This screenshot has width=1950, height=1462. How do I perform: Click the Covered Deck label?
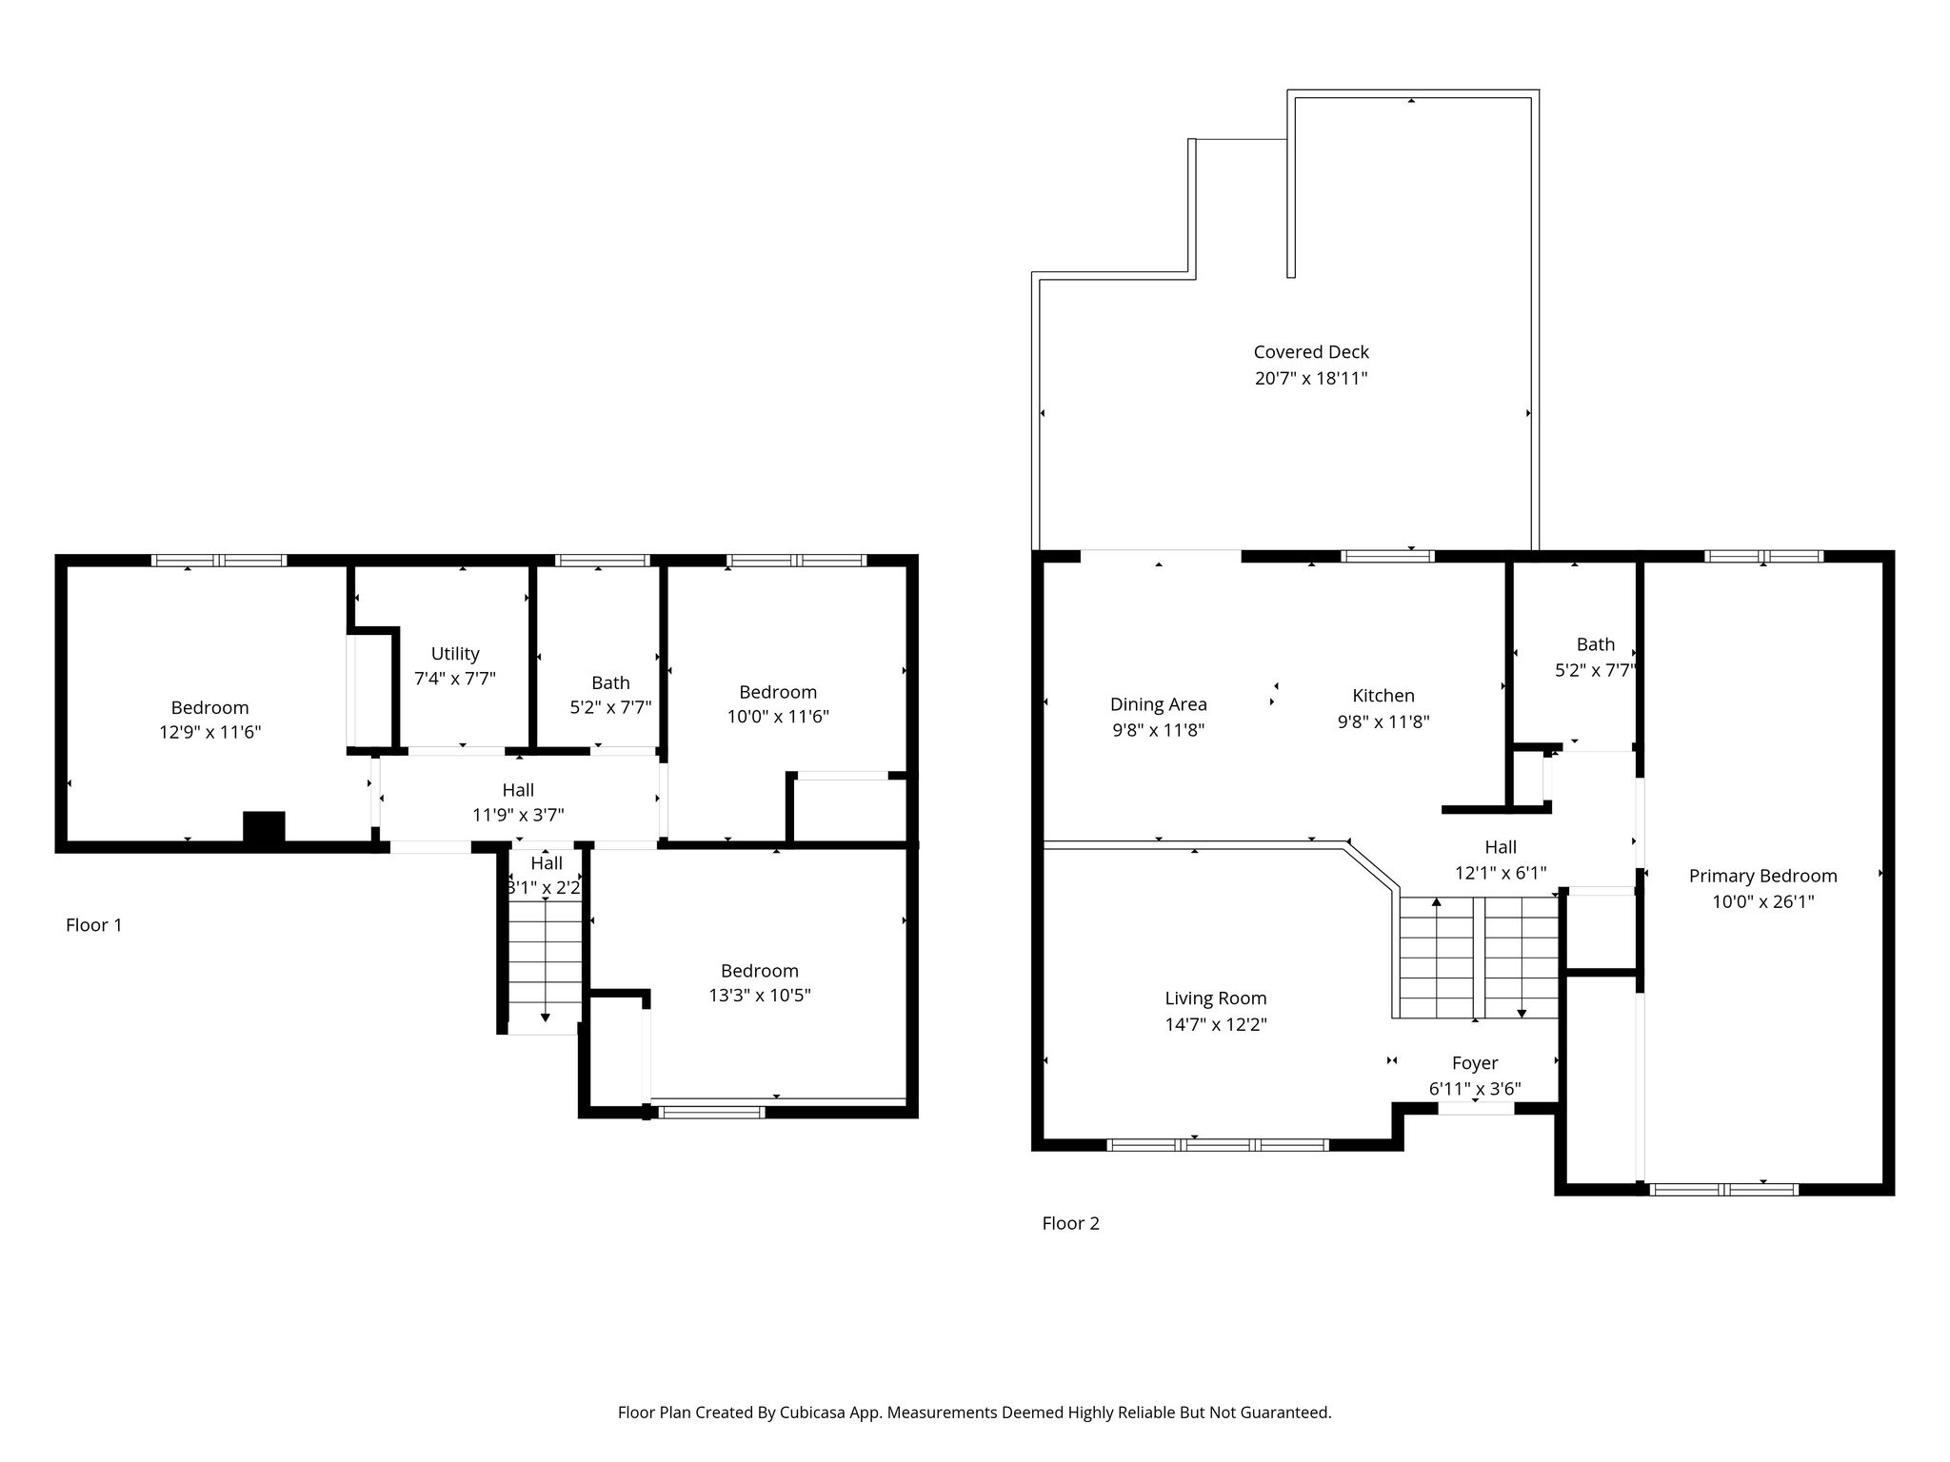point(1311,352)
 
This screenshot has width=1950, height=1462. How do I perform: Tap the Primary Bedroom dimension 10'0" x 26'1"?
point(1763,901)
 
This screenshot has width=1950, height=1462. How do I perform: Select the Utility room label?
point(455,654)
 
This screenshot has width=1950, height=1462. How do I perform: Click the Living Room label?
point(1216,998)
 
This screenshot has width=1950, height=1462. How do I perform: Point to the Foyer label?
point(1475,1063)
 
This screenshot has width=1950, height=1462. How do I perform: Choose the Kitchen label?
point(1383,696)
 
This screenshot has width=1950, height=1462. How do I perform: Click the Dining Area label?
point(1159,705)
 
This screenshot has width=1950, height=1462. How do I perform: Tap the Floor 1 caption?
point(93,925)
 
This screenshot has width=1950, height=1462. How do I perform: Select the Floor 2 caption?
point(1070,1223)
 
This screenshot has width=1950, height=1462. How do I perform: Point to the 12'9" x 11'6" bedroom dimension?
point(210,733)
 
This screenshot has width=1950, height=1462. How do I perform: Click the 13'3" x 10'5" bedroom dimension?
point(760,996)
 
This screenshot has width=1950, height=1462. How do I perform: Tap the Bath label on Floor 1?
point(610,682)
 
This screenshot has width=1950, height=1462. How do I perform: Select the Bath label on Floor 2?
point(1596,644)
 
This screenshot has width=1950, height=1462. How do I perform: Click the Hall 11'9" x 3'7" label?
point(518,802)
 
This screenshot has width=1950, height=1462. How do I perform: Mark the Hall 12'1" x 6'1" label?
point(1501,859)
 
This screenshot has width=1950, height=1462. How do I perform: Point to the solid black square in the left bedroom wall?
point(264,827)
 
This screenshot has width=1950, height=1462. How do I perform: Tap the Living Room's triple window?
point(1218,1145)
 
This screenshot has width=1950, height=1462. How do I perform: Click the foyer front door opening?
point(1475,1109)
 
